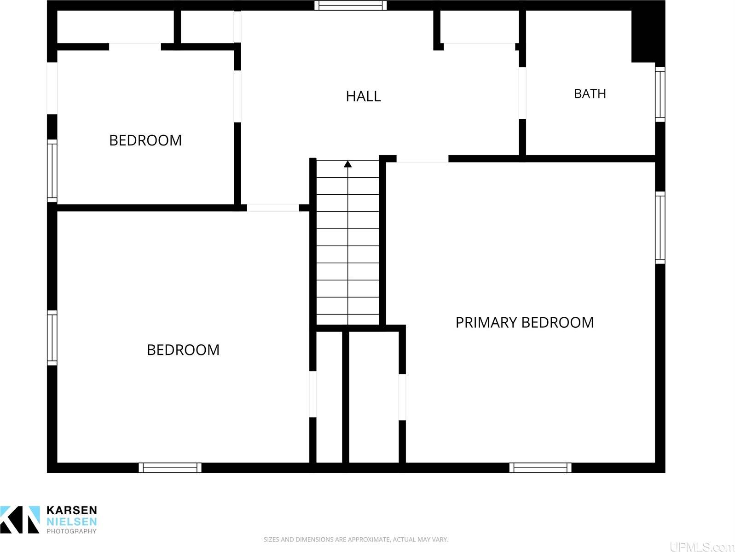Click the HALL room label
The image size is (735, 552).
(363, 97)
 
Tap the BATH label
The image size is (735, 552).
(590, 94)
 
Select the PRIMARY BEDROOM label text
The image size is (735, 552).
(525, 323)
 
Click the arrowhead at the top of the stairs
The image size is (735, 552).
(347, 164)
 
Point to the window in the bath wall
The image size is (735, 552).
(660, 94)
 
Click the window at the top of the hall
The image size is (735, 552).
(351, 6)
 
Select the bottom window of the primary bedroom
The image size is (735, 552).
(540, 468)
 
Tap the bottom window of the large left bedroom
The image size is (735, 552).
(170, 468)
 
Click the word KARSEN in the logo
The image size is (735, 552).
(72, 510)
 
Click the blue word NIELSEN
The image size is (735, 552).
(72, 522)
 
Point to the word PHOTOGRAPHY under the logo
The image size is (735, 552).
(72, 531)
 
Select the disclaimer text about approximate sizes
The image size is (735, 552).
(356, 540)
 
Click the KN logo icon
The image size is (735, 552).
(20, 519)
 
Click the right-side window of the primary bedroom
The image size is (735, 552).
(660, 227)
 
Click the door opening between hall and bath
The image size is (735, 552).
(522, 93)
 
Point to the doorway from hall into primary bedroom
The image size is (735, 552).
(422, 159)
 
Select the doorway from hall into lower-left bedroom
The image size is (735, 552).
(273, 208)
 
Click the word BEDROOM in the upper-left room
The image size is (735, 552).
(145, 140)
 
